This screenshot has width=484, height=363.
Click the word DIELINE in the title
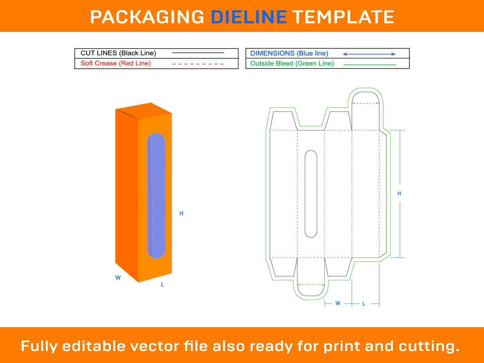coord(249,17)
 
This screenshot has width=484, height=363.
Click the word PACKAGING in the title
coord(147,17)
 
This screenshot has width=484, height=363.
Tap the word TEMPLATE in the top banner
coord(344,17)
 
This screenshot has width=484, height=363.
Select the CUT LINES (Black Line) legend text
coord(118,53)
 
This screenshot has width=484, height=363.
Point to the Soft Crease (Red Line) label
coord(116,63)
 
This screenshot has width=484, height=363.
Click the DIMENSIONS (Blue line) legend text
coord(289,53)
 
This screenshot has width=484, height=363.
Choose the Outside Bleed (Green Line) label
coord(292,63)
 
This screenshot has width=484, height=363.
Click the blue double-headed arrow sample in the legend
coord(369,54)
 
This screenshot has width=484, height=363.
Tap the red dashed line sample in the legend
coord(198,64)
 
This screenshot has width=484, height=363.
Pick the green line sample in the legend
coord(370,65)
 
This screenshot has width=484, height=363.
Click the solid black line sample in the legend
coord(198,53)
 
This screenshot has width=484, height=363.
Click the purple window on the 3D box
coord(156,196)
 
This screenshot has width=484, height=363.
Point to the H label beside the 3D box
coord(181,213)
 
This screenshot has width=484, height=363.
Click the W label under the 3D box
coord(118,278)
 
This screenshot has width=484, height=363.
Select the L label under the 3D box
coord(163,284)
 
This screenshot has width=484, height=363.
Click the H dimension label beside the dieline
coord(399,193)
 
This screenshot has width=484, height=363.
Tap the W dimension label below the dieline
coord(338,303)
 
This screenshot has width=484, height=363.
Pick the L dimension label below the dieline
coord(364,304)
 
